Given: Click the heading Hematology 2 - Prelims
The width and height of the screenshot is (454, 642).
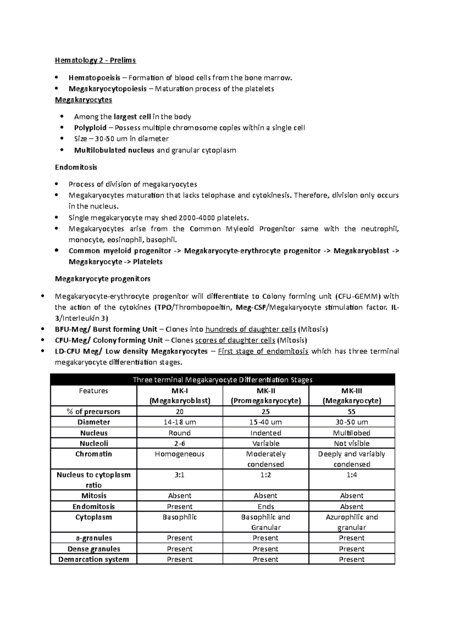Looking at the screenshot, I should pyautogui.click(x=95, y=60).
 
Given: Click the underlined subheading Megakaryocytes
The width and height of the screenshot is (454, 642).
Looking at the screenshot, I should pyautogui.click(x=83, y=100).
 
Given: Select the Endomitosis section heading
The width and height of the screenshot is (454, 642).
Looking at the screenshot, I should pyautogui.click(x=76, y=167).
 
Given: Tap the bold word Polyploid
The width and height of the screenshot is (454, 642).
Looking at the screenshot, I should pyautogui.click(x=90, y=128).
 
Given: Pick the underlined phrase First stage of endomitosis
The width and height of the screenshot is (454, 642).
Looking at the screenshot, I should pyautogui.click(x=263, y=351).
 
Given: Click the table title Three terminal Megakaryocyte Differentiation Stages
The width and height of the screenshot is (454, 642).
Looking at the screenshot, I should pyautogui.click(x=222, y=380).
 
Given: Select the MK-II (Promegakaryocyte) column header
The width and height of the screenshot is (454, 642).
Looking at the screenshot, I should pyautogui.click(x=266, y=396).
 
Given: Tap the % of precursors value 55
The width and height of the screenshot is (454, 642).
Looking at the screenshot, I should pyautogui.click(x=351, y=412).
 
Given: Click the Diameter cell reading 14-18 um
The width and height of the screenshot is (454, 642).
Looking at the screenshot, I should pyautogui.click(x=179, y=422).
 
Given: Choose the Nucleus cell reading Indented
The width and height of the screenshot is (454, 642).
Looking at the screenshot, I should pyautogui.click(x=266, y=433).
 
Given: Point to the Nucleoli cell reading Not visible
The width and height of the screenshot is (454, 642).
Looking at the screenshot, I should pyautogui.click(x=351, y=444).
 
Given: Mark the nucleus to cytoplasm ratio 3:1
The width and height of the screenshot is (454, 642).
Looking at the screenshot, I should pyautogui.click(x=179, y=475).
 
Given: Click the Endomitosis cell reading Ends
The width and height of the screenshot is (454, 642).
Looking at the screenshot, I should pyautogui.click(x=266, y=507).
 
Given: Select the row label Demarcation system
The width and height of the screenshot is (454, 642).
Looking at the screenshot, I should pyautogui.click(x=93, y=559).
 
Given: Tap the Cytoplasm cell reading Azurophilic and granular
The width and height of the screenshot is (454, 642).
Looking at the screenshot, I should pyautogui.click(x=351, y=522).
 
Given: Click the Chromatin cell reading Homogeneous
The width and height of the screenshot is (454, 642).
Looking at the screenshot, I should pyautogui.click(x=179, y=454).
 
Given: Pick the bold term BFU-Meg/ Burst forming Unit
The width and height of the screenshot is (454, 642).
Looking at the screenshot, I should pyautogui.click(x=106, y=329).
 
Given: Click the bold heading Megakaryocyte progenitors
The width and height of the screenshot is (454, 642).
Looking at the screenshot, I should pyautogui.click(x=103, y=279).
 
